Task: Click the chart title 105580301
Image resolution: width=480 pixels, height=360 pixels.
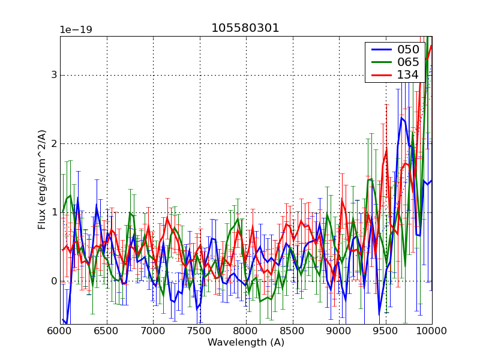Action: click(x=245, y=28)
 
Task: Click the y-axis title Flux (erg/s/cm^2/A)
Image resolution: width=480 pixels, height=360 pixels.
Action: click(x=42, y=179)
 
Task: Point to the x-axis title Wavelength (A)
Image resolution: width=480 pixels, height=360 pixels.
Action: click(x=246, y=343)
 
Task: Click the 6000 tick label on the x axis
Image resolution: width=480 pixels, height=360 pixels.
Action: click(x=60, y=331)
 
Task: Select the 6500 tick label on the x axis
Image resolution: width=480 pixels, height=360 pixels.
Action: click(x=107, y=331)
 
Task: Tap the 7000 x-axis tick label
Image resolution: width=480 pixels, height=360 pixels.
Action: click(x=153, y=331)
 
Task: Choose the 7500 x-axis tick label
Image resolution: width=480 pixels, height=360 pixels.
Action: click(x=200, y=331)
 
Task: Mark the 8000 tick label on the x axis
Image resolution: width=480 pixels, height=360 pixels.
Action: click(x=246, y=331)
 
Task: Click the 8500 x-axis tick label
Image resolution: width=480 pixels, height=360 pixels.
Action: click(x=293, y=331)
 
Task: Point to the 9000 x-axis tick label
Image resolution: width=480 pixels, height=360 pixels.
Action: click(x=339, y=331)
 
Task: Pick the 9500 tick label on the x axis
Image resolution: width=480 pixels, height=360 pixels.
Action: click(x=386, y=331)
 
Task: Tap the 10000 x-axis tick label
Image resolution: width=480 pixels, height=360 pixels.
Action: click(x=431, y=331)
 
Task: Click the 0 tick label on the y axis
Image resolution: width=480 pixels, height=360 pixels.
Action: click(x=53, y=281)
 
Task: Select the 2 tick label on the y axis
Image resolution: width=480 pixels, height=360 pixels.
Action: click(x=53, y=144)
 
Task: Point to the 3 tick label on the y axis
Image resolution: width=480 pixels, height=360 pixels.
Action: click(x=53, y=75)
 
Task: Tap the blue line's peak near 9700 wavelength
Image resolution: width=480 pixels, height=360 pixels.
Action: click(x=401, y=118)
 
